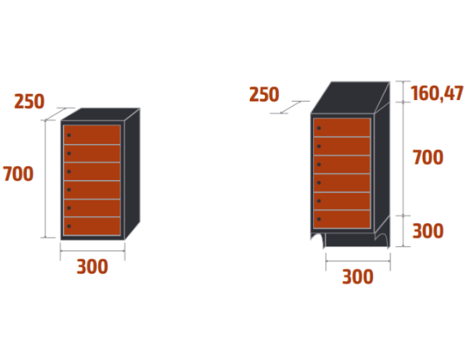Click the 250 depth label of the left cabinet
tap(29, 102)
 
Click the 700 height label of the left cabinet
tap(18, 174)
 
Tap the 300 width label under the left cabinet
tap(92, 267)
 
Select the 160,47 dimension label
tap(437, 94)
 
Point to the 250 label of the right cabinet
tap(264, 96)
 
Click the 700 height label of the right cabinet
tap(428, 158)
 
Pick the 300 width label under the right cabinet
tap(358, 278)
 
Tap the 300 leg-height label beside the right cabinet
tap(428, 231)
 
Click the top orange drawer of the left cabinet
tap(92, 135)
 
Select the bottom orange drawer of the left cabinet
tap(92, 226)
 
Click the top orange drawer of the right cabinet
tap(342, 128)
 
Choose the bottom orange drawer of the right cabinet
tap(342, 219)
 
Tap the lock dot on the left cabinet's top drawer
tap(68, 135)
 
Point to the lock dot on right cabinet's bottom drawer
tap(319, 219)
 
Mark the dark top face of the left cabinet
tap(102, 115)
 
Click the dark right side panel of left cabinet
tap(131, 173)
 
